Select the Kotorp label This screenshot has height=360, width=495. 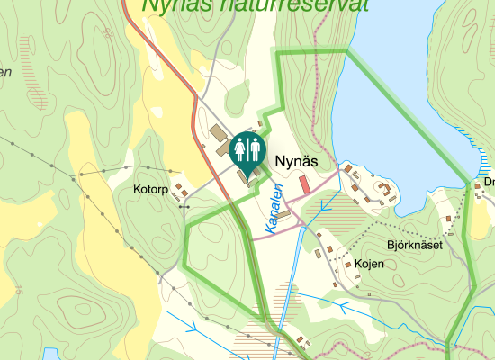pos(150,190)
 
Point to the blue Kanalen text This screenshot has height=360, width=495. pos(275,206)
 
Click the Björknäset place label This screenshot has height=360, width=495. pos(415,245)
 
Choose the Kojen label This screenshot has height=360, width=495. pos(369,264)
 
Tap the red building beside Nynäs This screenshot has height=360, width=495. pos(304,184)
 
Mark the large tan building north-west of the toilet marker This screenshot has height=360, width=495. pos(220,136)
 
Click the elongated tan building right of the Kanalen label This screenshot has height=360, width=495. pos(284,215)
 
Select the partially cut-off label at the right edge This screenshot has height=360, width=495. pos(489,181)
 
